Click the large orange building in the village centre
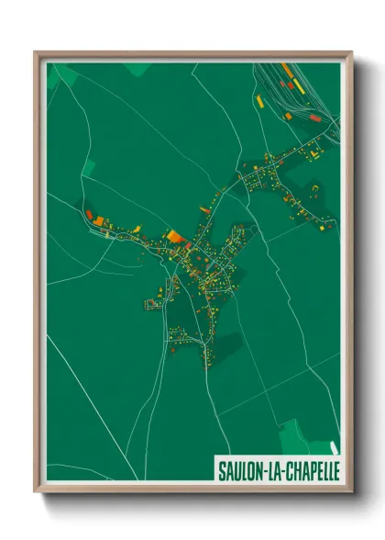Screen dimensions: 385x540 click(174, 236)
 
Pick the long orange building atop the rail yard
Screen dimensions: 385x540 click(288, 70)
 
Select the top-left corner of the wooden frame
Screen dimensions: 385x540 click(36, 52)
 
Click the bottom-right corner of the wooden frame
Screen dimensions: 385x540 click(352, 493)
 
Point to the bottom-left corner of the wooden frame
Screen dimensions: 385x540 click(36, 493)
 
